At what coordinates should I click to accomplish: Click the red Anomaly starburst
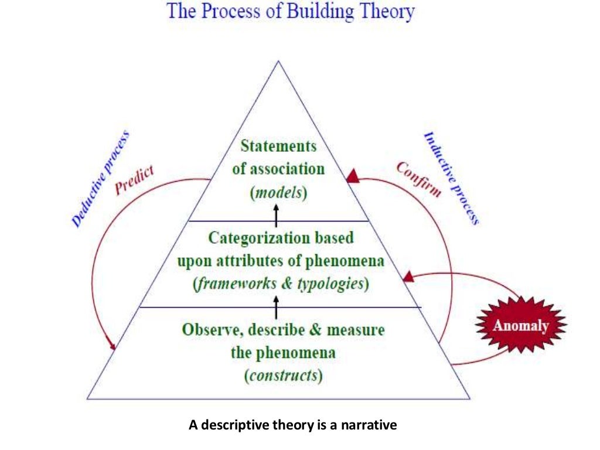point(520,326)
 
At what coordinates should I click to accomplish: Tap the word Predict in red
point(134,180)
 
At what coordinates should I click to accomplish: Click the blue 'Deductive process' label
point(100,180)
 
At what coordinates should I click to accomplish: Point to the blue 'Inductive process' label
point(451,179)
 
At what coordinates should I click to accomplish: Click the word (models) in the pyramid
point(278,193)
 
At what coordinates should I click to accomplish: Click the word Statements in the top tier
point(278,146)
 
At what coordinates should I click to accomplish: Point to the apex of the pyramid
point(278,60)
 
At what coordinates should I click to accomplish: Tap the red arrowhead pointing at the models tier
point(352,176)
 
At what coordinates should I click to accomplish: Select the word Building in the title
point(321,12)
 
